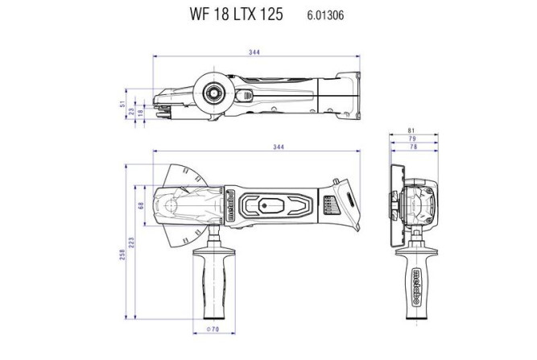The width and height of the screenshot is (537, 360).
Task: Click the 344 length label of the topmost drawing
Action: pyautogui.click(x=255, y=52)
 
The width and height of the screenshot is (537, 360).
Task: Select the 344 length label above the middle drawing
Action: pyautogui.click(x=255, y=150)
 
